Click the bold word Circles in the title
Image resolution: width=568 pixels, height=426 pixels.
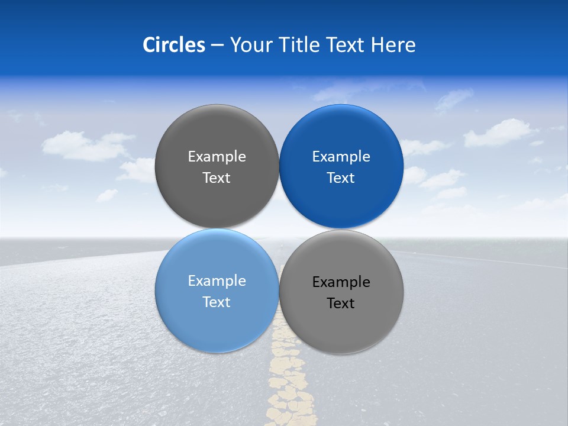[x=174, y=45]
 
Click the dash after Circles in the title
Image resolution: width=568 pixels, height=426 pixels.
[x=217, y=46]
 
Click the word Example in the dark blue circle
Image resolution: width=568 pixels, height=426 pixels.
[x=341, y=157]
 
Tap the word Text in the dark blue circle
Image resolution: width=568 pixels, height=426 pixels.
[x=341, y=178]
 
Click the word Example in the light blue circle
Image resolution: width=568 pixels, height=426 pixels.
[x=217, y=281]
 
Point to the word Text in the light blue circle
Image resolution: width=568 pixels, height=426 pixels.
[x=217, y=302]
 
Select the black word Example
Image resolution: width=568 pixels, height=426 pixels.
[x=341, y=282]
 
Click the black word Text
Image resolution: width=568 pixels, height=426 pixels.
[x=341, y=304]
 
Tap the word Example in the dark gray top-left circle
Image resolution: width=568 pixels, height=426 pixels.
[x=217, y=157]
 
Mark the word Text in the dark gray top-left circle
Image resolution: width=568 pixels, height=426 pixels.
[x=217, y=178]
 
